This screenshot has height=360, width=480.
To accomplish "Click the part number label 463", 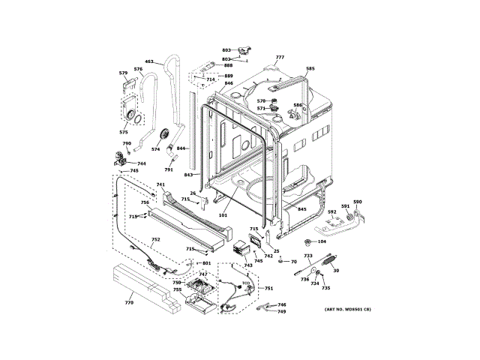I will pos(148,61).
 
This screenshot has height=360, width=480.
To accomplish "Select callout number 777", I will pos(280,58).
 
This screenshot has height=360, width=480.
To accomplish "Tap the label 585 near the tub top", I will pos(310,69).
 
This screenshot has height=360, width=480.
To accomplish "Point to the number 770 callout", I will pos(128,302).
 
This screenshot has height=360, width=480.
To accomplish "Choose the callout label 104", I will pos(322,241).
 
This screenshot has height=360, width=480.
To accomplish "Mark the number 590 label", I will pos(357,202).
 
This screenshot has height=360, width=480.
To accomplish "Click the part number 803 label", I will pos(226,49).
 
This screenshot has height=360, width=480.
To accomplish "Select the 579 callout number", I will pos(123,73).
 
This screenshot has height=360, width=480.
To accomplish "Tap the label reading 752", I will pos(155,240).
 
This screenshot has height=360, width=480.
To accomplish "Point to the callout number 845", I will pos(301,210).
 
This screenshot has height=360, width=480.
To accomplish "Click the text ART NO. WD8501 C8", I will pos(347,310).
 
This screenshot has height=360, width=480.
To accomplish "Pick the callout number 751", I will pos(268,289).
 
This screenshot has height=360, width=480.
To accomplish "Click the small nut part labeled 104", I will pos(308,241).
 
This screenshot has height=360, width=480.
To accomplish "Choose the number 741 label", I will pos(160,184).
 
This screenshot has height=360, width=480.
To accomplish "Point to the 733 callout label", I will pos(307,256).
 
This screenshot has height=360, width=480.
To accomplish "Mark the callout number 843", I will pos(189,175).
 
